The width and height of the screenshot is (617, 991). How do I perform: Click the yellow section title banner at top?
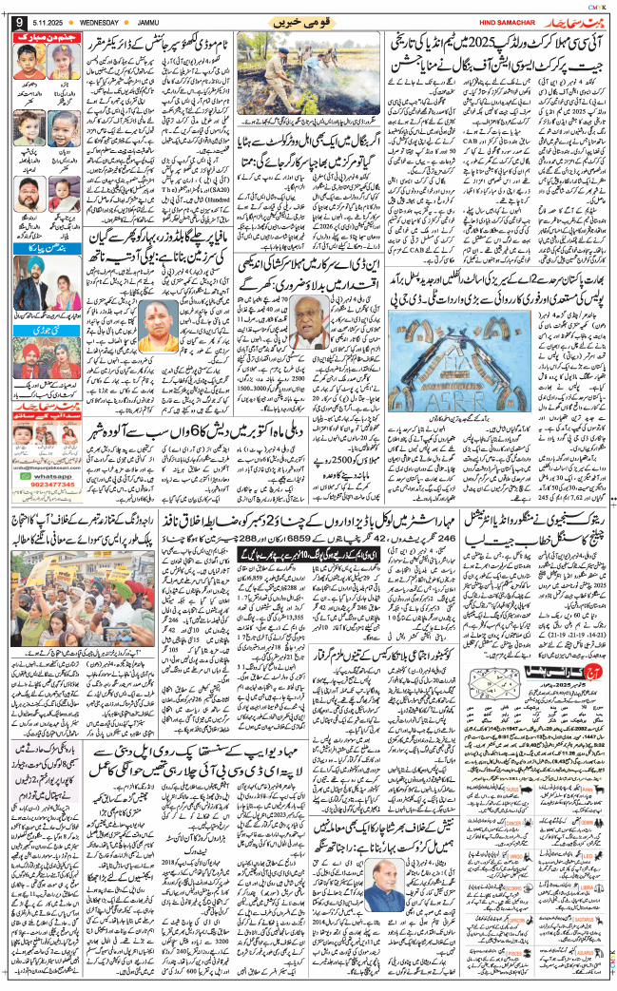pos(308,21)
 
